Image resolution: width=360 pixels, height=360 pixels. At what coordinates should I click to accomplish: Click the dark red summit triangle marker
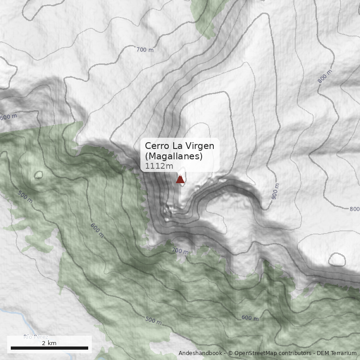(180, 180)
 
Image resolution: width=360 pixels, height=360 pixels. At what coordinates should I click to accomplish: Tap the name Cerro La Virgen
(180, 146)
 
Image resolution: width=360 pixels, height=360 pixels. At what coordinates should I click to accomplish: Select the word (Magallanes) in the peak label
(174, 156)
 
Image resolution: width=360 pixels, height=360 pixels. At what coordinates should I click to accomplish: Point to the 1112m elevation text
(159, 166)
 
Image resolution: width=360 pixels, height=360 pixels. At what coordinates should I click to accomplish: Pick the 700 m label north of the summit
(144, 49)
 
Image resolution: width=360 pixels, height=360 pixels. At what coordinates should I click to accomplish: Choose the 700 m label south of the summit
(180, 251)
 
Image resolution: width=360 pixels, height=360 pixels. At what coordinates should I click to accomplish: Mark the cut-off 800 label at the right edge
(355, 209)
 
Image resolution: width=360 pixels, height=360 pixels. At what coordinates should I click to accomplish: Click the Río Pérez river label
(36, 337)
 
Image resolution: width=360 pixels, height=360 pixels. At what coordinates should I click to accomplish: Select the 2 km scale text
(49, 343)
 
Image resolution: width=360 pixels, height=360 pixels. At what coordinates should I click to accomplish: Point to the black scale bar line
(49, 348)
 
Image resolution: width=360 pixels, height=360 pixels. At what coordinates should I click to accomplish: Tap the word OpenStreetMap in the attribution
(254, 353)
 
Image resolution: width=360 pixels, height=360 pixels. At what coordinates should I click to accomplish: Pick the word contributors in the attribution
(294, 353)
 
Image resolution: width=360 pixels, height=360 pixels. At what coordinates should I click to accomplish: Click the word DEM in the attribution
(323, 353)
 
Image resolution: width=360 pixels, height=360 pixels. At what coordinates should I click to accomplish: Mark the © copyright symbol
(230, 353)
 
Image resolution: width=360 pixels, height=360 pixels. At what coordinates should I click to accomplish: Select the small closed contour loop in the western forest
(38, 175)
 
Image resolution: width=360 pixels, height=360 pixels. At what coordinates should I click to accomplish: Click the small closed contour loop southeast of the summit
(337, 260)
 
